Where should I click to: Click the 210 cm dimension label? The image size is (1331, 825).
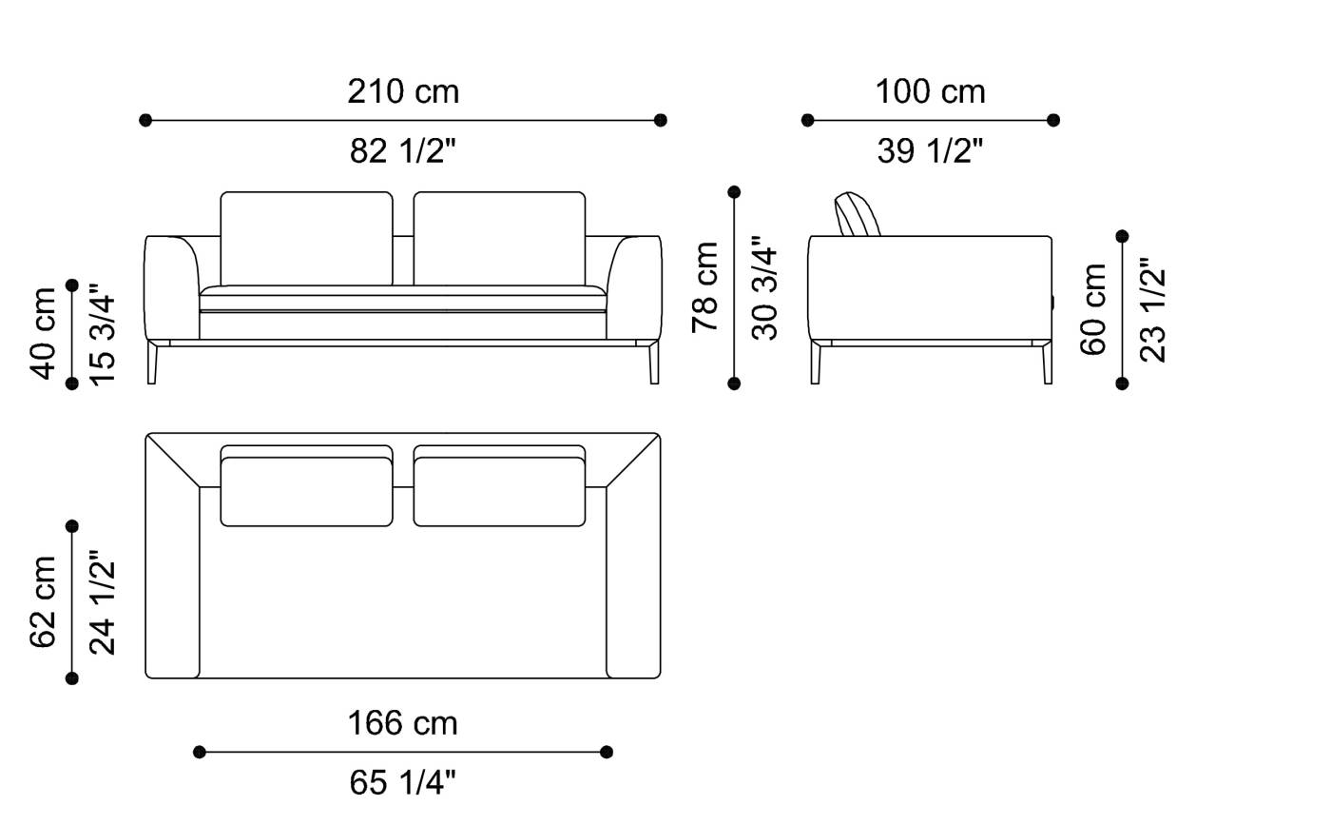pyautogui.click(x=403, y=91)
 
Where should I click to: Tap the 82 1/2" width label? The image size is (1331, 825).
pyautogui.click(x=403, y=150)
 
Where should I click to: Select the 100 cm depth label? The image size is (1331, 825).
pyautogui.click(x=930, y=91)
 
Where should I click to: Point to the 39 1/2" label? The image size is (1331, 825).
pyautogui.click(x=930, y=150)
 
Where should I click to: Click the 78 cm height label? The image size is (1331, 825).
pyautogui.click(x=705, y=286)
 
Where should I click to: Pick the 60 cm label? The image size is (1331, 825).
pyautogui.click(x=1094, y=309)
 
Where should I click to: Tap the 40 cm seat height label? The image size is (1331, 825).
pyautogui.click(x=45, y=332)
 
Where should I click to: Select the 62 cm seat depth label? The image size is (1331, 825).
pyautogui.click(x=45, y=601)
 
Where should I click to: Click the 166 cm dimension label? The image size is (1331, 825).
pyautogui.click(x=402, y=723)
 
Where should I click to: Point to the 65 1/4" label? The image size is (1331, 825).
pyautogui.click(x=402, y=782)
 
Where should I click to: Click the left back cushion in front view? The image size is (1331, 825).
pyautogui.click(x=306, y=238)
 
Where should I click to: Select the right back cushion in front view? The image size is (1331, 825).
pyautogui.click(x=499, y=238)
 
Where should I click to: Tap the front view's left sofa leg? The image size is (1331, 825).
pyautogui.click(x=152, y=363)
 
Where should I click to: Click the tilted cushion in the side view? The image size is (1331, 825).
pyautogui.click(x=857, y=214)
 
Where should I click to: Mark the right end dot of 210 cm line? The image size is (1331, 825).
pyautogui.click(x=661, y=120)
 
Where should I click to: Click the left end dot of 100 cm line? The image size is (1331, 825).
pyautogui.click(x=807, y=120)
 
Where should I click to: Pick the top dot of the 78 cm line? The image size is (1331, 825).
pyautogui.click(x=734, y=192)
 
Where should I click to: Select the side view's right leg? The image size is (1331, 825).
pyautogui.click(x=1047, y=364)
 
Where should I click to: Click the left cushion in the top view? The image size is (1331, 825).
pyautogui.click(x=306, y=490)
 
